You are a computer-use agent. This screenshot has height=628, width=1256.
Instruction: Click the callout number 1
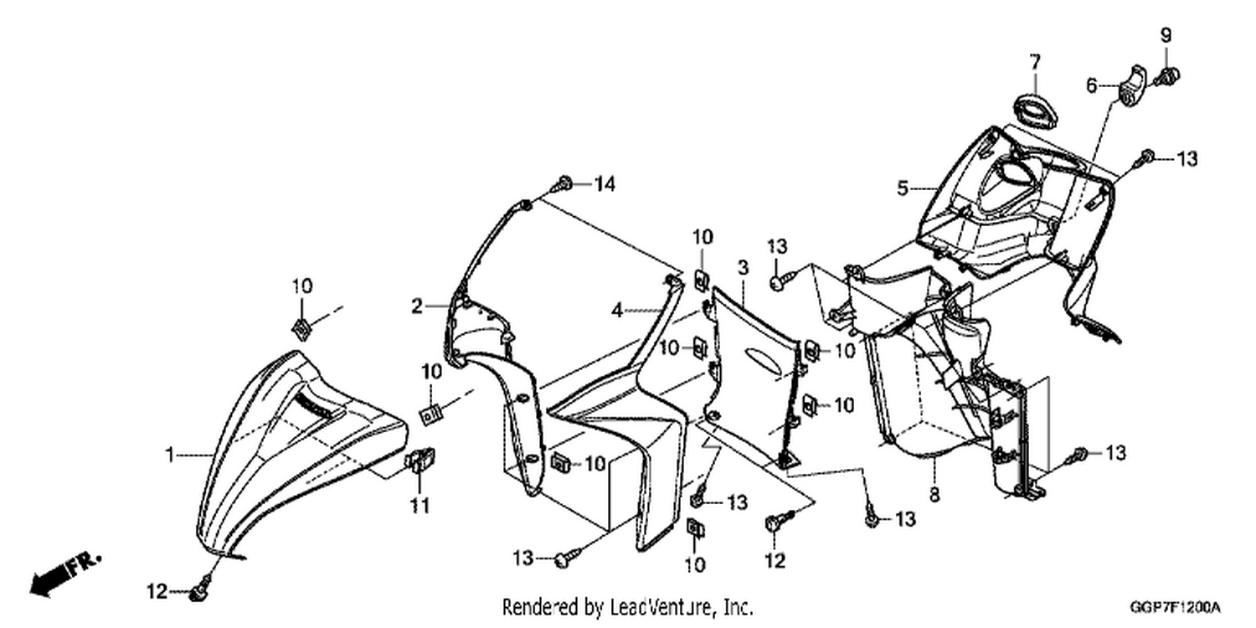point(170,455)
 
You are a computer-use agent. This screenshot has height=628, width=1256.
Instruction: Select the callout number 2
point(416,306)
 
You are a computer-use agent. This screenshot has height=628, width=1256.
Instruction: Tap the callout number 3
point(743,267)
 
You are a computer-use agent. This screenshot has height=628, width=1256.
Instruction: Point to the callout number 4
point(617,310)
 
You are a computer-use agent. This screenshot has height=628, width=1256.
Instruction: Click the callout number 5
point(902,188)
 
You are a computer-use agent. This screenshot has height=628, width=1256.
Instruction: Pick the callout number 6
point(1091,85)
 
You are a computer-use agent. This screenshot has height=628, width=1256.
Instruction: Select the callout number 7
point(1034,62)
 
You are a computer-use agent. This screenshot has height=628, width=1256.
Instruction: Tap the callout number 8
point(934,495)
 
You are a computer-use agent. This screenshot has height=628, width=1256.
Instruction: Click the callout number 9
point(1166,35)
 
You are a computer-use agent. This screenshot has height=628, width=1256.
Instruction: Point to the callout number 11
point(420,506)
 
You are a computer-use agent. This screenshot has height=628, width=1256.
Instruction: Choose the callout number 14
point(605,184)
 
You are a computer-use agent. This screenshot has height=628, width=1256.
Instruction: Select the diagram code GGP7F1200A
point(1176,608)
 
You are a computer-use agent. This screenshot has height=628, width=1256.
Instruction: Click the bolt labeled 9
point(1166,75)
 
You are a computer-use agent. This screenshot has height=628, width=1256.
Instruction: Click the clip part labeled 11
point(420,461)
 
